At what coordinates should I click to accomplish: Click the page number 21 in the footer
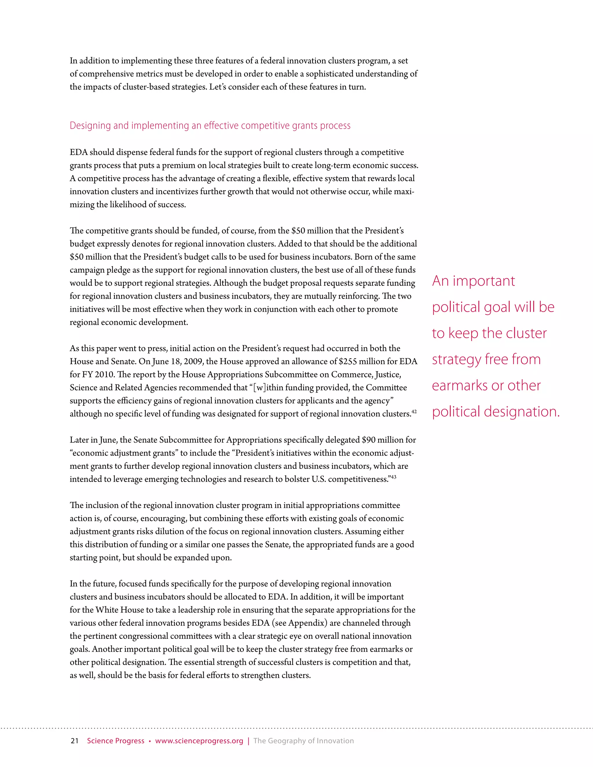[x=74, y=741]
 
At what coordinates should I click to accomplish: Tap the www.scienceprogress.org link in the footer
[x=199, y=741]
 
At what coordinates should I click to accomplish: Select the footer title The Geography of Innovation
[x=303, y=741]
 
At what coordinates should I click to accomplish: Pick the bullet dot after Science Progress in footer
[x=150, y=741]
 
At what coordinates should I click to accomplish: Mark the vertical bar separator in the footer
[x=248, y=741]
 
